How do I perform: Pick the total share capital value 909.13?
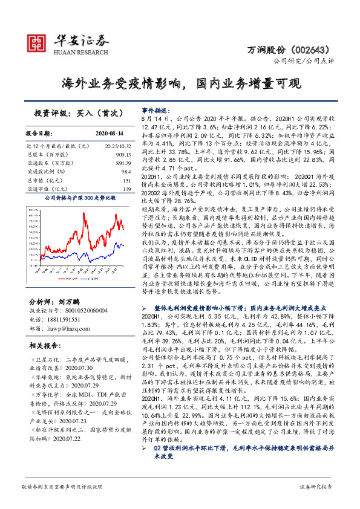click(x=122, y=155)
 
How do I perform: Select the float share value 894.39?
click(x=122, y=163)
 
